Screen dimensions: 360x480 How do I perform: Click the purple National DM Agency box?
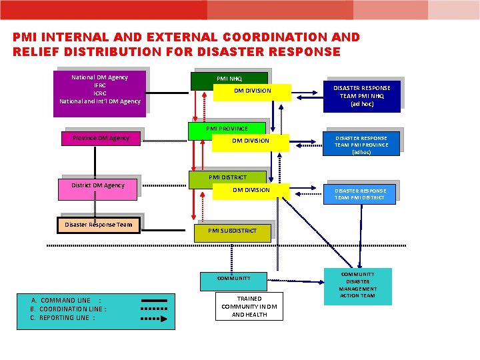(100, 93)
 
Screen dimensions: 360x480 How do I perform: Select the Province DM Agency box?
(101, 138)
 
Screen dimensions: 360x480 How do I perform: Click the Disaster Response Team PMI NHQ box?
(362, 96)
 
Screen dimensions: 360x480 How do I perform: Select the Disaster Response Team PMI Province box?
(362, 145)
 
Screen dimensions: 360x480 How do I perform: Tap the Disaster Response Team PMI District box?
(360, 193)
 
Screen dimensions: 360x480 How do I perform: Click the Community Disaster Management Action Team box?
(358, 285)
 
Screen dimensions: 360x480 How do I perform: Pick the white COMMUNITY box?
(233, 279)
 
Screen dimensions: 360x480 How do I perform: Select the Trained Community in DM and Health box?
(249, 307)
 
